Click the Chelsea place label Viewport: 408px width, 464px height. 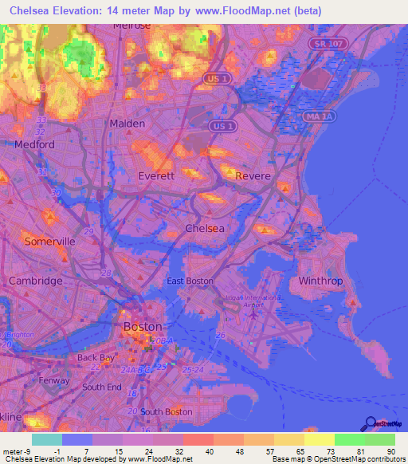[204, 228]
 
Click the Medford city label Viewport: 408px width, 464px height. [34, 144]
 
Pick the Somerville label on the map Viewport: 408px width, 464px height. [49, 241]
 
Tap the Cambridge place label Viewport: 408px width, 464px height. [35, 281]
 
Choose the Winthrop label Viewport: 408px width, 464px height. [320, 281]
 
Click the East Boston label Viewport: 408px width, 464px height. [190, 281]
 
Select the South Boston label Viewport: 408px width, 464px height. [166, 411]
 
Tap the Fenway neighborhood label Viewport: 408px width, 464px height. [54, 381]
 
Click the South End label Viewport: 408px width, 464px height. [102, 387]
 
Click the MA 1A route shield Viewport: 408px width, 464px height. [316, 116]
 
